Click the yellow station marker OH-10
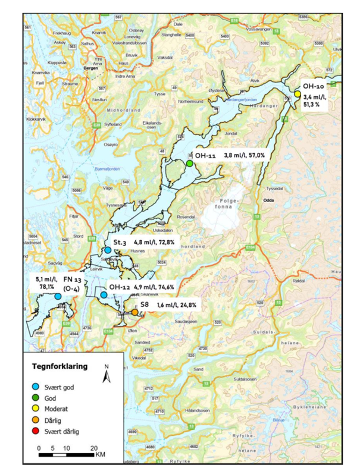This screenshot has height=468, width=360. tap(297, 93)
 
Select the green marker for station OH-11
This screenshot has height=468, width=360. tap(189, 164)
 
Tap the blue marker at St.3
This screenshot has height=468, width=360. tap(108, 251)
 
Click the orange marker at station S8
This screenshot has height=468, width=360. tap(135, 312)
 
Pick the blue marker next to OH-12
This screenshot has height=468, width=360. tap(104, 294)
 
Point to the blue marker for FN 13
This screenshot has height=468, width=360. tap(58, 296)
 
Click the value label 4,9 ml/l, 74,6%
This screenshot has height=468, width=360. tap(158, 287)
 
